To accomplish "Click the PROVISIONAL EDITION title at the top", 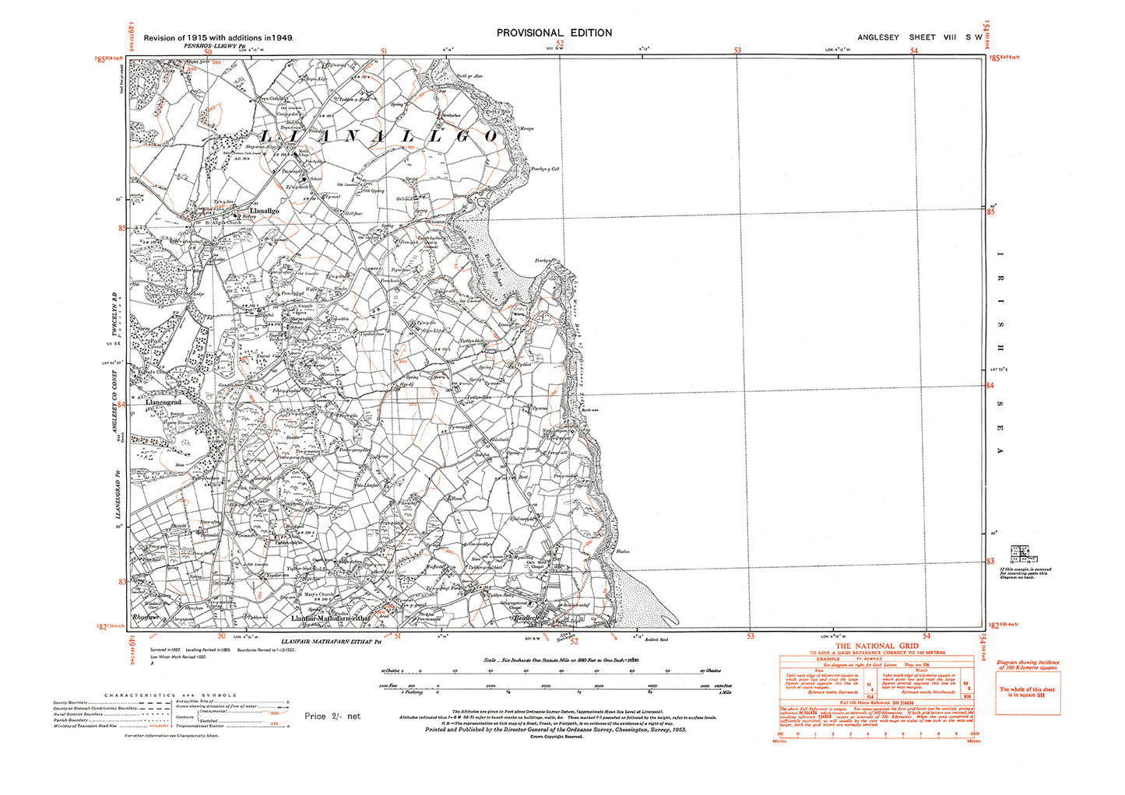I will pyautogui.click(x=554, y=33).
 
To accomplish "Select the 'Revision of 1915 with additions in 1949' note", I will pyautogui.click(x=218, y=37).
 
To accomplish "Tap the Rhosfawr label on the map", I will pyautogui.click(x=147, y=617).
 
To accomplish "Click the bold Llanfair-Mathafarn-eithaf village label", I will pyautogui.click(x=330, y=618).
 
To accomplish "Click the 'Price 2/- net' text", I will pyautogui.click(x=332, y=716).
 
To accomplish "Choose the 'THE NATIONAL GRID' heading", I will pyautogui.click(x=876, y=646).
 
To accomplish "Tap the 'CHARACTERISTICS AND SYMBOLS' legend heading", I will pyautogui.click(x=171, y=695).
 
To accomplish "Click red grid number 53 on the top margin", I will pyautogui.click(x=737, y=51).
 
